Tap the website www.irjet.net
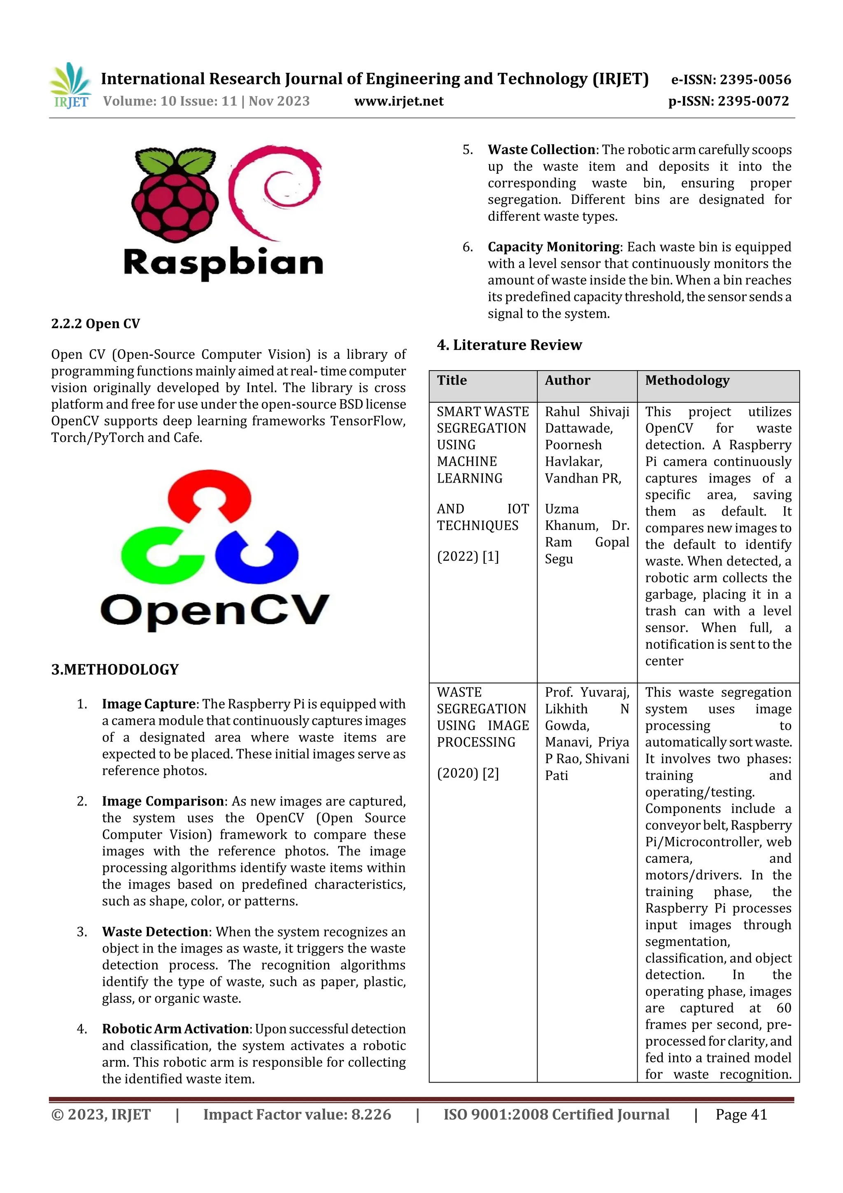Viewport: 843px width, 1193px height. [x=398, y=101]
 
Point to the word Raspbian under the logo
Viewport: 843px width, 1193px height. [x=224, y=262]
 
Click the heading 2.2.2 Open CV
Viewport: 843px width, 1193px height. [x=95, y=324]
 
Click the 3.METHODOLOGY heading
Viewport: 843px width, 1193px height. [x=115, y=669]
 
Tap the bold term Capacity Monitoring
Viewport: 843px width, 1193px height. [x=554, y=247]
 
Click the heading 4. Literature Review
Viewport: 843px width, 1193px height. [x=509, y=345]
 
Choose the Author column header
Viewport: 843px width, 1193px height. [x=567, y=381]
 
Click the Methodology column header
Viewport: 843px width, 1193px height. [x=687, y=381]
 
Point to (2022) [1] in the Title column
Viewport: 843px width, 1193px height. [x=468, y=556]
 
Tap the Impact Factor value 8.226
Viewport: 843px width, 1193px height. [x=371, y=1114]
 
